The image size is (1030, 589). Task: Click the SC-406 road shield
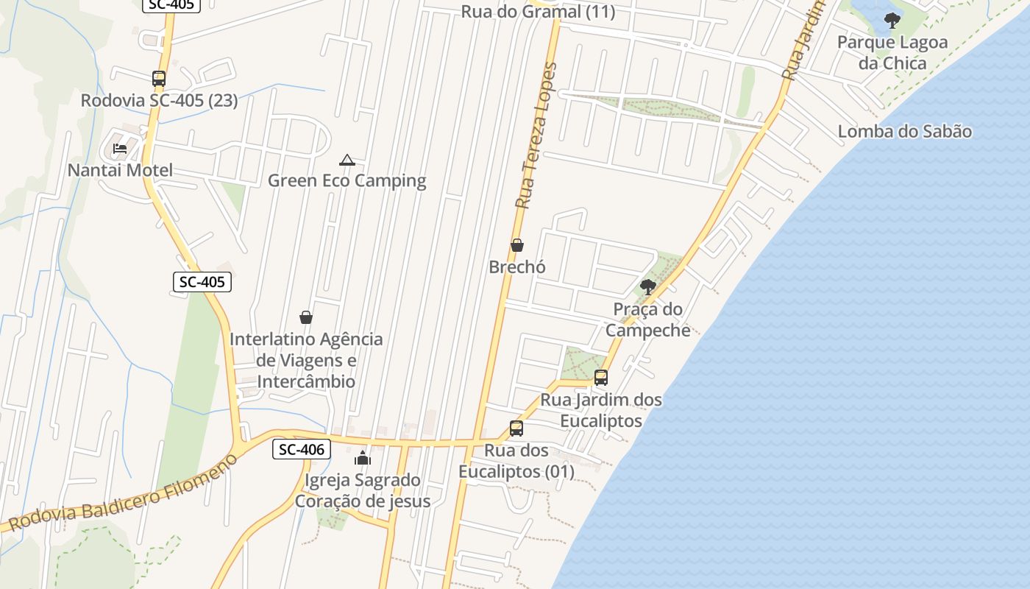click(302, 449)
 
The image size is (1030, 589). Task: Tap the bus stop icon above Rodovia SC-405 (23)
click(159, 79)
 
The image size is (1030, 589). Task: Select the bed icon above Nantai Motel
click(120, 149)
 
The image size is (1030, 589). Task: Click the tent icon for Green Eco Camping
click(347, 160)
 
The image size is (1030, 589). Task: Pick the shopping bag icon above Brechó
click(517, 245)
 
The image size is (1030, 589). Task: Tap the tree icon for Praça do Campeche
click(648, 287)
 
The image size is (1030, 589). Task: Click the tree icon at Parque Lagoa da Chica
click(892, 21)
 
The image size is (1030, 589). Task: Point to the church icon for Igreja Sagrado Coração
click(363, 458)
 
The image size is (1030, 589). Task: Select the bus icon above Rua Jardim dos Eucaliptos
click(601, 378)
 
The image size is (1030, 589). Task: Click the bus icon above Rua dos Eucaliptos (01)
click(516, 428)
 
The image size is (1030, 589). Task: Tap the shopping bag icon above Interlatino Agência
click(306, 317)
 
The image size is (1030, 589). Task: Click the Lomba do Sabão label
click(905, 132)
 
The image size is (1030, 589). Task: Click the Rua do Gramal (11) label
click(538, 12)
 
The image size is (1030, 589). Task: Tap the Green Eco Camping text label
click(347, 180)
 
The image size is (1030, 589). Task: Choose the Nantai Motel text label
click(120, 170)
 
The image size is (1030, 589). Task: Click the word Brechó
click(517, 267)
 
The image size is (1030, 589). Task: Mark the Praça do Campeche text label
click(648, 320)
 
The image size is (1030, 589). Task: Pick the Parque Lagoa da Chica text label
click(892, 52)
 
